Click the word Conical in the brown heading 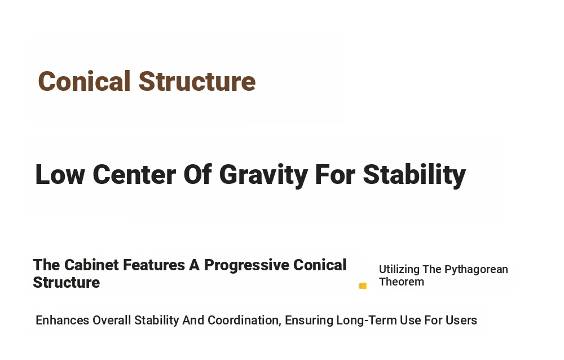click(x=84, y=81)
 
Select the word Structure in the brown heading click(x=197, y=81)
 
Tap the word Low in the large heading click(x=60, y=174)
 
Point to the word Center click(x=134, y=174)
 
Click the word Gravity click(x=263, y=175)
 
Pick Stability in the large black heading click(x=415, y=174)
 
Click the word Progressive click(x=247, y=266)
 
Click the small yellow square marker click(x=363, y=286)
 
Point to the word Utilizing click(x=399, y=269)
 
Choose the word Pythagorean click(x=476, y=270)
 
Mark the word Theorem click(x=402, y=282)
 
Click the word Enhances click(x=62, y=320)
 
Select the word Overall click(x=112, y=320)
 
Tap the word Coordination click(x=244, y=321)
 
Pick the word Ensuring click(x=309, y=321)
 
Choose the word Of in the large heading click(x=197, y=174)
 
